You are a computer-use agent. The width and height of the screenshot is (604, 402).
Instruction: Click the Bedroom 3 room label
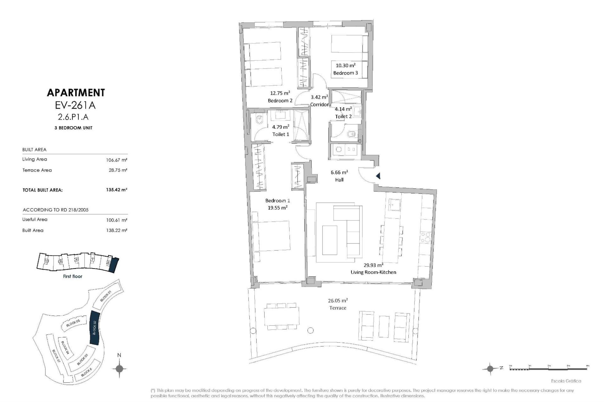pyautogui.click(x=345, y=73)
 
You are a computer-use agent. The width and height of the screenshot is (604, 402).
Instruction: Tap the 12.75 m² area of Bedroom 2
pyautogui.click(x=280, y=93)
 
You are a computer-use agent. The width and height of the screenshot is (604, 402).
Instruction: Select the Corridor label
pyautogui.click(x=319, y=105)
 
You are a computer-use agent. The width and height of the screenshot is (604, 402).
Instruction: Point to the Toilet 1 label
pyautogui.click(x=281, y=134)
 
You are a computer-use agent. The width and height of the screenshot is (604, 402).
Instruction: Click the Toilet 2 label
pyautogui.click(x=343, y=116)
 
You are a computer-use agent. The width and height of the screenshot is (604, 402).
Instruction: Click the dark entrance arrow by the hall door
pyautogui.click(x=378, y=176)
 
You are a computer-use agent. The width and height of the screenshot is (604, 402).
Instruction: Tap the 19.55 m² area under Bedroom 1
pyautogui.click(x=277, y=208)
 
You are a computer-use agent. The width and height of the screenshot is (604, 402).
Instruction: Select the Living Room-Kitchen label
pyautogui.click(x=373, y=272)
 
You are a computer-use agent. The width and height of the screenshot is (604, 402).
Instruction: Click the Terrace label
pyautogui.click(x=338, y=308)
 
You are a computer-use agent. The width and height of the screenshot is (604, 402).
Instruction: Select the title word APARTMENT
pyautogui.click(x=75, y=93)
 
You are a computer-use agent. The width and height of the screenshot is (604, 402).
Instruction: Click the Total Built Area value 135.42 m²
pyautogui.click(x=116, y=190)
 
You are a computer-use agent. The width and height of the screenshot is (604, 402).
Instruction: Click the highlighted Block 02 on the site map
pyautogui.click(x=94, y=328)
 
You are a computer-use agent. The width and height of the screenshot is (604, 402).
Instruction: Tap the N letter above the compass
pyautogui.click(x=119, y=355)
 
